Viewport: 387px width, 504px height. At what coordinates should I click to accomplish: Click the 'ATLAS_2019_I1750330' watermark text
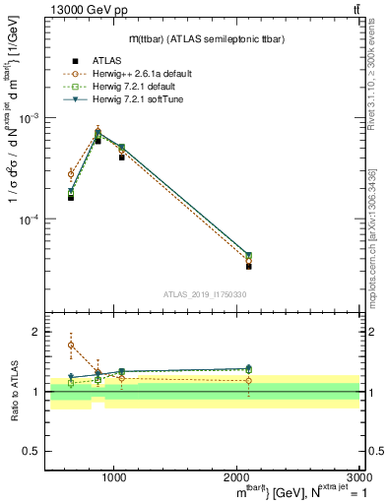[x=205, y=293]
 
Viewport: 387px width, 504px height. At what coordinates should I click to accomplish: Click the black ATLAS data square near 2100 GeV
[x=249, y=266]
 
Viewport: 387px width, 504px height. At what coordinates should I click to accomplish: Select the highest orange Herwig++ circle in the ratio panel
[x=71, y=346]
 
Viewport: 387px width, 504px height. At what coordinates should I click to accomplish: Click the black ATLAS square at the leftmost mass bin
[x=71, y=197]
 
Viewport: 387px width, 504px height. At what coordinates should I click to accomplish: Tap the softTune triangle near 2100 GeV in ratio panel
[x=249, y=369]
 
